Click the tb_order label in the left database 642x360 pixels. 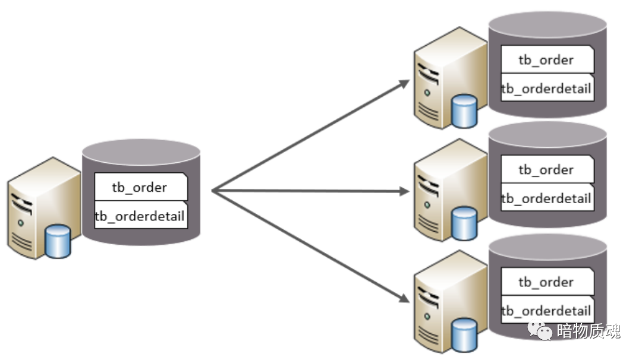click(140, 188)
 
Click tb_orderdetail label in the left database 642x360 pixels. click(140, 216)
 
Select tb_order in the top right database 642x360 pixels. click(546, 60)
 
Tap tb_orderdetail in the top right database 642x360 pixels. click(546, 89)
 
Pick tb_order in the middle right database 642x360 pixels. click(546, 170)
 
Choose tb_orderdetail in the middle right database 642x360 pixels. click(546, 198)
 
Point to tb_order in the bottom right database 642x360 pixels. click(546, 282)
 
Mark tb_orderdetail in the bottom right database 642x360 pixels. click(546, 311)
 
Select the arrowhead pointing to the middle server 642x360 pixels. click(404, 191)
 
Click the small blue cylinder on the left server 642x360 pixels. click(58, 242)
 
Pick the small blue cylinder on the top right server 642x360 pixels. click(464, 111)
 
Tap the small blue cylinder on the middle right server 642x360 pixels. click(464, 223)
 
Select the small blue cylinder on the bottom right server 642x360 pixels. click(464, 334)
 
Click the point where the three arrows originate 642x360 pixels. click(213, 191)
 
